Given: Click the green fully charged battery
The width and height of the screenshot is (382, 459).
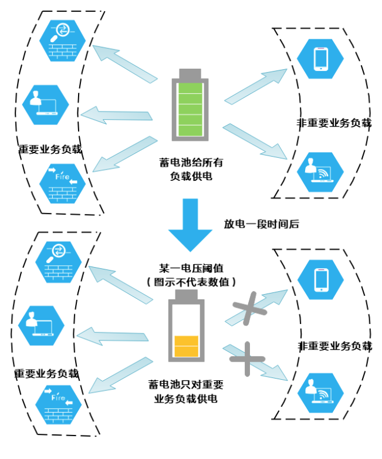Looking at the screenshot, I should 191,106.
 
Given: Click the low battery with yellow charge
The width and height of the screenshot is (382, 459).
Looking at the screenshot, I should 187,332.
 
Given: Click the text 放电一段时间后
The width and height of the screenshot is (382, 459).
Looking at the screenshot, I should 262,224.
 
